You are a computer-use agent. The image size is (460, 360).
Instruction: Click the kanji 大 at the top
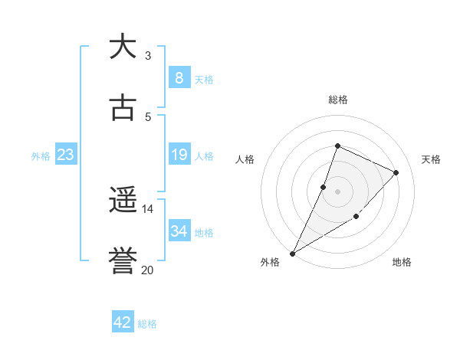coord(123,47)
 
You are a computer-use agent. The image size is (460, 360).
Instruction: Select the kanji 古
coord(123,108)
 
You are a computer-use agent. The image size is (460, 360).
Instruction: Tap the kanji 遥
coord(123,201)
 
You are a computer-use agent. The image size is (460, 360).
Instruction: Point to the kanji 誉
coord(123,262)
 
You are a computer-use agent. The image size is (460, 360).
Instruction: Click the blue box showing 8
coord(179,77)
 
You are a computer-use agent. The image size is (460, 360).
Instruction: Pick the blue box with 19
coord(179,155)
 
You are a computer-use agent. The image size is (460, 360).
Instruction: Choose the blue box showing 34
coord(179,231)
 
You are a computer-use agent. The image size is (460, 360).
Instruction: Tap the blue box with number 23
coord(66,155)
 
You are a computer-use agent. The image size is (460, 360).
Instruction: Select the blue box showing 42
coord(123,322)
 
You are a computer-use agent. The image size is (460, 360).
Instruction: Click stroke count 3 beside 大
coord(148,55)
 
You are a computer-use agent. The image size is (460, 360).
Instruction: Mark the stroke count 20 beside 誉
coord(148,270)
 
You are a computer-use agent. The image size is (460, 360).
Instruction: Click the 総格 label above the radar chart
coord(337,100)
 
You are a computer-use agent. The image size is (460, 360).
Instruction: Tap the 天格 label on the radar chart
coord(431,159)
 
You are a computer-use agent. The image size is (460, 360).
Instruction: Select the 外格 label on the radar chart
coord(270,262)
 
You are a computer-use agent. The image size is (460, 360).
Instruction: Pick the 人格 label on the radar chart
coord(245,159)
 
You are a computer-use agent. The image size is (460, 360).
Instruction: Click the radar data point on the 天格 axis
coord(396,172)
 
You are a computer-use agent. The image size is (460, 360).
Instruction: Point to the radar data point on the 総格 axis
coord(337,146)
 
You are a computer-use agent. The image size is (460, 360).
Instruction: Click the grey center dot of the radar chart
coord(337,191)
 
